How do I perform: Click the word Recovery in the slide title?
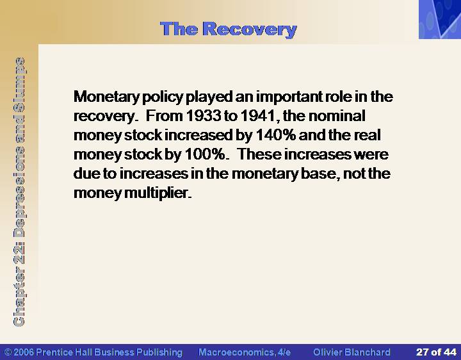pos(250,29)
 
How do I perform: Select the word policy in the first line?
pos(163,97)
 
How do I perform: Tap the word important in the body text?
pos(289,97)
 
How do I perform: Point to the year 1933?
pos(204,116)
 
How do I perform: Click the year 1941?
pos(257,116)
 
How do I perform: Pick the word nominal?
pos(337,116)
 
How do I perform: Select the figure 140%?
pos(276,135)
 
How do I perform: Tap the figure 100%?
pos(205,154)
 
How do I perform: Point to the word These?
pos(259,154)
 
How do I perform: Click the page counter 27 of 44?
pos(436,352)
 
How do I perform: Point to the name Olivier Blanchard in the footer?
pos(352,352)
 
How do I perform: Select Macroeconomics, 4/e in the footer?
pos(245,352)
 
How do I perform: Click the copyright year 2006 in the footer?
pos(24,352)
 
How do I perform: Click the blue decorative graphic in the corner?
pos(440,19)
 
